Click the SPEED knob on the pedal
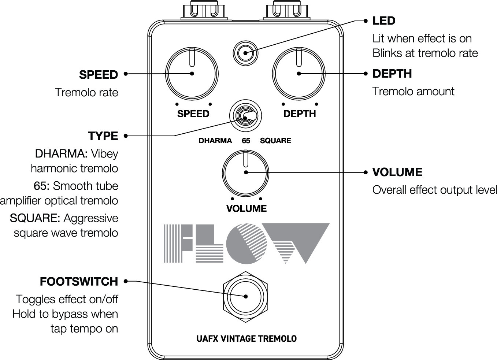[x=192, y=73]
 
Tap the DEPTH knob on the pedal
[x=299, y=73]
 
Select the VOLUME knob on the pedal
[x=245, y=172]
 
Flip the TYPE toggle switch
[x=246, y=116]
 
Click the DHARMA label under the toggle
[x=215, y=141]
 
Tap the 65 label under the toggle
[x=246, y=141]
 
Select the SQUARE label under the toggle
[x=275, y=141]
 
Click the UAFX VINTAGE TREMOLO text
[x=246, y=339]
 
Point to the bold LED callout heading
[x=383, y=21]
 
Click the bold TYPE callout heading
[x=103, y=136]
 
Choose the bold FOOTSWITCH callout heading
[x=79, y=282]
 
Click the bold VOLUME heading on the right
[x=397, y=172]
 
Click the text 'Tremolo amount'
[x=413, y=91]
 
